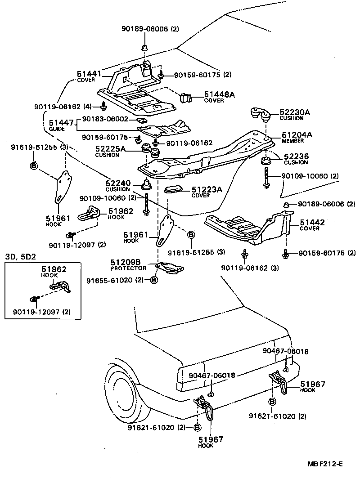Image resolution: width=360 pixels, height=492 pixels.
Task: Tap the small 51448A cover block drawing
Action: tap(186, 97)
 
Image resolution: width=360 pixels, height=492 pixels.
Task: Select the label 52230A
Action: tap(295, 112)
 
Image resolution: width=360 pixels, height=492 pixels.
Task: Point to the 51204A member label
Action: tap(297, 134)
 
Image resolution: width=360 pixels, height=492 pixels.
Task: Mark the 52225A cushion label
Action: tap(111, 148)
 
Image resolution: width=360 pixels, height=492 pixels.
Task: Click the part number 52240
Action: tap(118, 183)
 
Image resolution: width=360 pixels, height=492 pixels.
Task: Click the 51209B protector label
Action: tap(126, 262)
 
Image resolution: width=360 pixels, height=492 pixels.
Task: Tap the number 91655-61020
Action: tap(108, 280)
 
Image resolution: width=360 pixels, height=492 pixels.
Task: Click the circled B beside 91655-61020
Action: tap(153, 280)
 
